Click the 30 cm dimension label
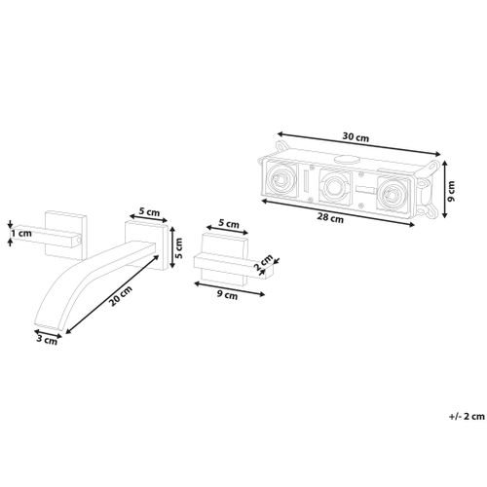(x=356, y=137)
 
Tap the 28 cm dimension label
(x=330, y=218)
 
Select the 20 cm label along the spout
(x=121, y=296)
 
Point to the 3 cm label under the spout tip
(x=47, y=340)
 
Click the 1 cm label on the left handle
(x=21, y=233)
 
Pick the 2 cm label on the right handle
(x=263, y=263)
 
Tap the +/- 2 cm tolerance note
(x=467, y=416)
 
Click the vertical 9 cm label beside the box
(x=451, y=191)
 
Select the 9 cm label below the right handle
(x=227, y=295)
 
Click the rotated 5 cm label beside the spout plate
(x=178, y=247)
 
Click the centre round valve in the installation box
(x=334, y=187)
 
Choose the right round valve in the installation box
(x=391, y=195)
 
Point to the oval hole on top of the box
(x=347, y=160)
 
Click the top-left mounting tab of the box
(x=281, y=146)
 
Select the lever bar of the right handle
(x=235, y=266)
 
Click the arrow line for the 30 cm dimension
(x=358, y=144)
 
